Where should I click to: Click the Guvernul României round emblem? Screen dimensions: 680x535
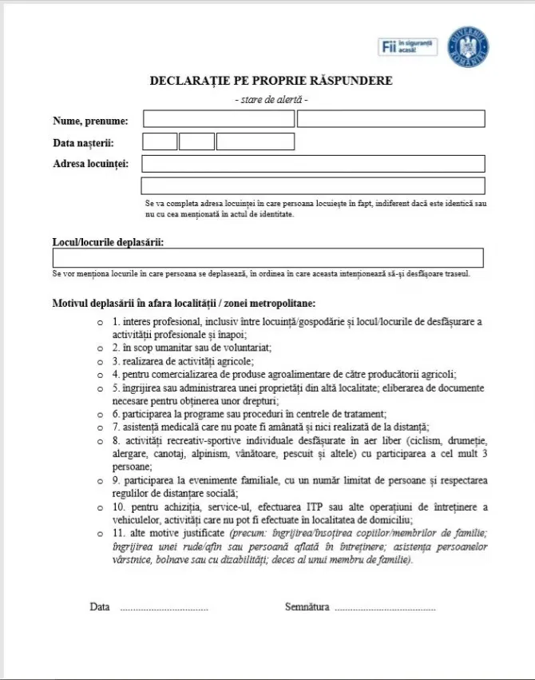click(469, 46)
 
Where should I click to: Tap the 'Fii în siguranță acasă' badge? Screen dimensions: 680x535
click(407, 47)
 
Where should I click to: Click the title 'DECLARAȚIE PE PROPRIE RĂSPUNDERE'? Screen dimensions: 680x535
click(271, 82)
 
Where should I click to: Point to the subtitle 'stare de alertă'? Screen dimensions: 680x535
click(271, 100)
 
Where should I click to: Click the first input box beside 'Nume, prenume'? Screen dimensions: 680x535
click(218, 119)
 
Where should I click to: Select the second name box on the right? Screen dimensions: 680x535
click(390, 119)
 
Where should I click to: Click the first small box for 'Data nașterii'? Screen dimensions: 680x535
click(159, 142)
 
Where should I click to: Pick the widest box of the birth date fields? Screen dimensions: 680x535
click(255, 142)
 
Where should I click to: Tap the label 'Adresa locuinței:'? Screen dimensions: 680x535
click(90, 164)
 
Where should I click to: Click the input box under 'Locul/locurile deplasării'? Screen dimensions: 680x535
click(267, 258)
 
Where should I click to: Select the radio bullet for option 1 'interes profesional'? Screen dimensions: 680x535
click(100, 323)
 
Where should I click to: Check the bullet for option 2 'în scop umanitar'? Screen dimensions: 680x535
click(100, 348)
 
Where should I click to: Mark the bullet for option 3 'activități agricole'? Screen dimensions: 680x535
click(100, 361)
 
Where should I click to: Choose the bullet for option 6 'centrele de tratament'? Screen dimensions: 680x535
click(100, 414)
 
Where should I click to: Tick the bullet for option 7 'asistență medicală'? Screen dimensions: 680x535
click(100, 427)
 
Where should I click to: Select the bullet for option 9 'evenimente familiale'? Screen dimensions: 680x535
click(100, 481)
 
